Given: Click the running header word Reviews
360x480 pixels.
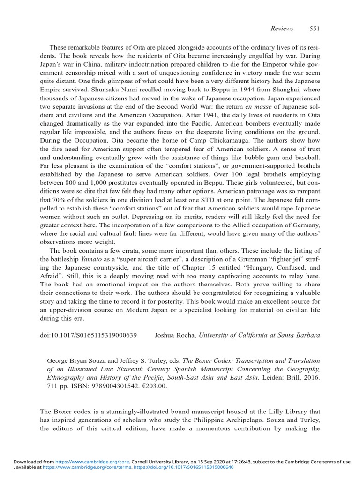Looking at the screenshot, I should coord(282,29).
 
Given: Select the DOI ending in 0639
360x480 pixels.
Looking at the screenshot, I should coord(88,336).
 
